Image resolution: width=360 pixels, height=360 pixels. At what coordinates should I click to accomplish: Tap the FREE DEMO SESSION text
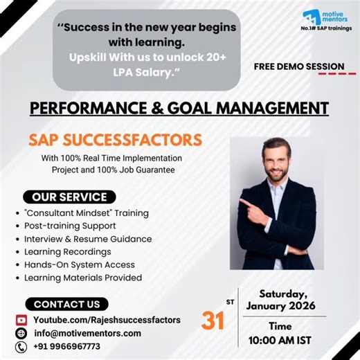point(298,67)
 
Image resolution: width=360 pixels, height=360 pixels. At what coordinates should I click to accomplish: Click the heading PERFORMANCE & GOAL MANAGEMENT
point(179,108)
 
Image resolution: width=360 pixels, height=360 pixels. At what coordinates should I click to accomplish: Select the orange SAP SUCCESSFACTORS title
point(115,141)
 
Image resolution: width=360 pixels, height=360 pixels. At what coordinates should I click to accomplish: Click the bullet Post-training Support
point(70,226)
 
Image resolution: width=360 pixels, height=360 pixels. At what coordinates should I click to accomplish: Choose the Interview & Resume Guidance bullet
point(87,239)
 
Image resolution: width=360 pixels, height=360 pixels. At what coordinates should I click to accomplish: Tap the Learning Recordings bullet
point(67,251)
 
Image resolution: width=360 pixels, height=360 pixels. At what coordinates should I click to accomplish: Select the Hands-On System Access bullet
point(79,264)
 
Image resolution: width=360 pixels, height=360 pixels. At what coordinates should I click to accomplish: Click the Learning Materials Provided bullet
point(82,278)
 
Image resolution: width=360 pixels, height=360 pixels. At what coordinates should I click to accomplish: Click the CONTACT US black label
point(66,304)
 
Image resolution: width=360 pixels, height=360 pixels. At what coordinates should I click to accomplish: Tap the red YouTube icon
point(21,320)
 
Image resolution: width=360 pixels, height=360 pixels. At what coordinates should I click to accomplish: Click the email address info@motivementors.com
point(87,333)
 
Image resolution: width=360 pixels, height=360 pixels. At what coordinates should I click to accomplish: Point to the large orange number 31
point(214,321)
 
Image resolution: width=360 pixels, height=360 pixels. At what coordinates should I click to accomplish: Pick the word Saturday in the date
point(282,293)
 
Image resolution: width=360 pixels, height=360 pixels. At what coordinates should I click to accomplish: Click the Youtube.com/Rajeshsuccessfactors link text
point(107,320)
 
